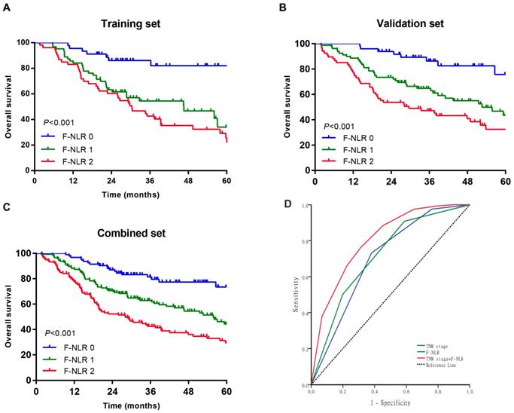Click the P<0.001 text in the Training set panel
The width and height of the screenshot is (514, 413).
(57, 121)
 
